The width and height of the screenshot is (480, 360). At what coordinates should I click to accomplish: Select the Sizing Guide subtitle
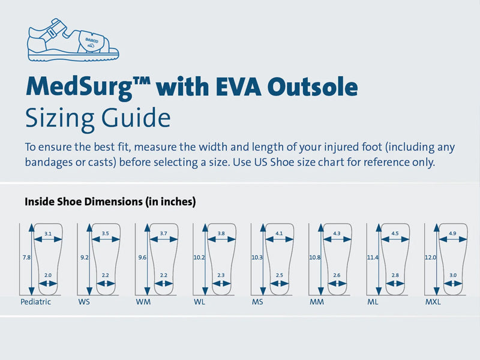[97, 118]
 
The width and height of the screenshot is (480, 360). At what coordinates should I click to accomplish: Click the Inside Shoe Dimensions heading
[110, 202]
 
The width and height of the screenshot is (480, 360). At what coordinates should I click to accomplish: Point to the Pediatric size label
[35, 302]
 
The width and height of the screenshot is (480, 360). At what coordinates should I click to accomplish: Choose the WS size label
[84, 302]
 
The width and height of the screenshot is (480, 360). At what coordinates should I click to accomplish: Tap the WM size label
[143, 302]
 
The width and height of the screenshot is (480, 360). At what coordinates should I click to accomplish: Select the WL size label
[200, 302]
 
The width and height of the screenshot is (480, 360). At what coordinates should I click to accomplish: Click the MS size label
[257, 302]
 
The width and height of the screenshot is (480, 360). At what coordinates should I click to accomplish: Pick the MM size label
[316, 302]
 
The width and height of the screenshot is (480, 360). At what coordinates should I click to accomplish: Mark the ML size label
[373, 302]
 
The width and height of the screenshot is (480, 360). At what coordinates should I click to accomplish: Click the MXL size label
[433, 302]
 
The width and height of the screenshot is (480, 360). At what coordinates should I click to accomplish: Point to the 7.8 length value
[26, 257]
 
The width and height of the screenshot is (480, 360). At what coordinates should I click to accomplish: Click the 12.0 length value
[430, 257]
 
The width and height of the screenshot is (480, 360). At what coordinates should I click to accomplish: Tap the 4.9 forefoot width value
[452, 233]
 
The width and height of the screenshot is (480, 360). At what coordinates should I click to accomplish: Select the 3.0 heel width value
[453, 275]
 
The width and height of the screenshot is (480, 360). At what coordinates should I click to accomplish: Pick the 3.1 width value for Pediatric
[48, 233]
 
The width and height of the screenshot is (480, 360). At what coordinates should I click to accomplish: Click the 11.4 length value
[373, 257]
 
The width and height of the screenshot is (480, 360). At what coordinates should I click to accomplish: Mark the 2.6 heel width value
[337, 275]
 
